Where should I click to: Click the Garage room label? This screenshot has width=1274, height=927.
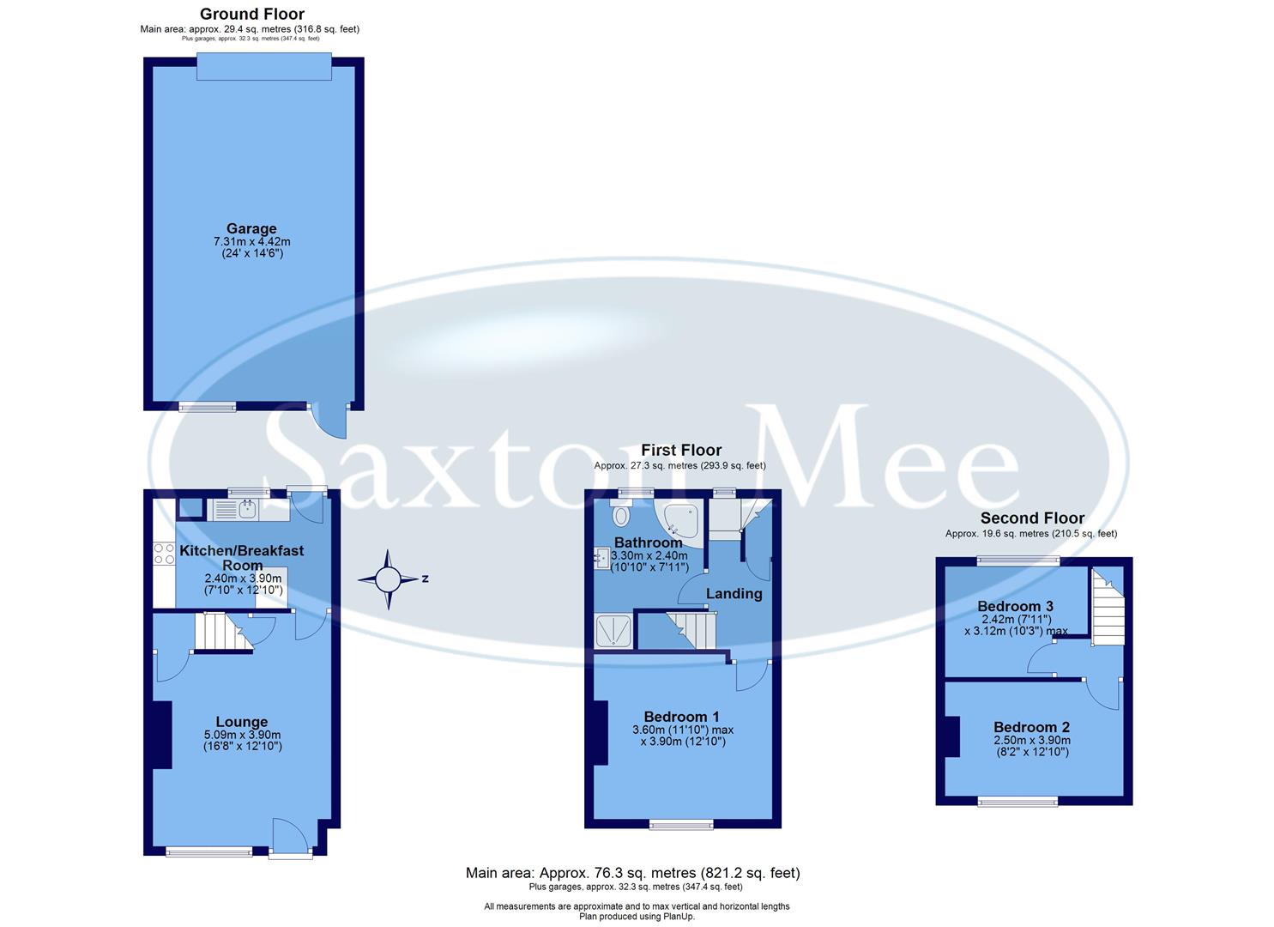[x=251, y=228]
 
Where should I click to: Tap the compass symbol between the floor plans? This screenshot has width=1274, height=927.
[x=388, y=579]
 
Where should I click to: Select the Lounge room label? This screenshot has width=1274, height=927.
[x=242, y=722]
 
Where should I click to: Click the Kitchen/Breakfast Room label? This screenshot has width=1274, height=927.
[x=242, y=558]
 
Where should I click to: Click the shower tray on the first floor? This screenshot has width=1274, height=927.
[x=613, y=631]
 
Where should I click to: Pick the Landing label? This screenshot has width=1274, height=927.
[x=734, y=593]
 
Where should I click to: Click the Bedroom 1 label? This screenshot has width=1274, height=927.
[x=682, y=717]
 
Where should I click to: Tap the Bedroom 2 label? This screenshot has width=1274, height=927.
[x=1031, y=727]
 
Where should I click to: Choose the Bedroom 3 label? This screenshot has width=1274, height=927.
[x=1016, y=606]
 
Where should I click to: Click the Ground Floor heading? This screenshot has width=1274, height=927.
[x=252, y=14]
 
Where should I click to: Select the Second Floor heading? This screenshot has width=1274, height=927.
[x=1032, y=518]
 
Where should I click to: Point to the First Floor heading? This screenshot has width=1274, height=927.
[x=681, y=450]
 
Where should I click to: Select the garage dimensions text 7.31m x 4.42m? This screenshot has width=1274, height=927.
[x=251, y=242]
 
